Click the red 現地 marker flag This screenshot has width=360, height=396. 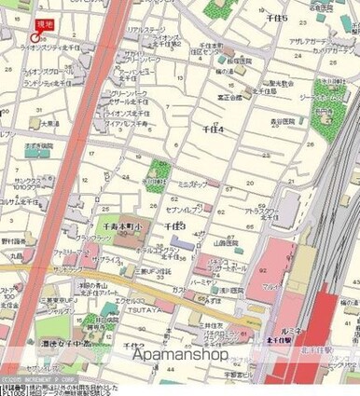(x=44, y=25)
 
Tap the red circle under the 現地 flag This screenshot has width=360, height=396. (x=36, y=40)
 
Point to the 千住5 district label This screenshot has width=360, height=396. (x=275, y=19)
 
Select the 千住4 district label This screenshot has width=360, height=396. (x=213, y=129)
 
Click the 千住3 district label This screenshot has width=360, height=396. (x=175, y=226)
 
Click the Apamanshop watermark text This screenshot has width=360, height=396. (x=180, y=354)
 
